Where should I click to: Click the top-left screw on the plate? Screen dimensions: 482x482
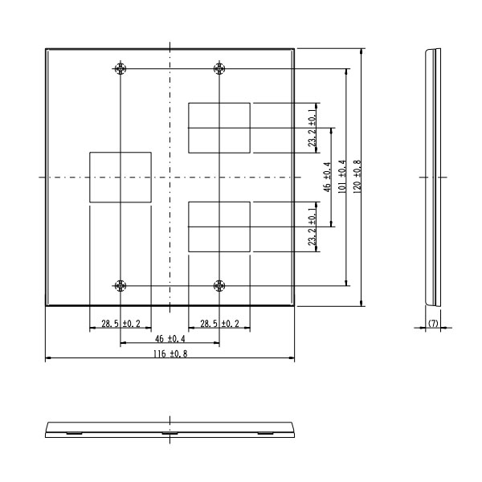point(120,68)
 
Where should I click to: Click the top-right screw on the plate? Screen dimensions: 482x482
point(219,68)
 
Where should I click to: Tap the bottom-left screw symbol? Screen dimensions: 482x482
point(120,286)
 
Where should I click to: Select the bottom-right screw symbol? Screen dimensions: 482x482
point(219,286)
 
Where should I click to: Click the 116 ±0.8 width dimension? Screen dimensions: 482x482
point(170,354)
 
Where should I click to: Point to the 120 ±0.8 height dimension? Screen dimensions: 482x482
point(357,177)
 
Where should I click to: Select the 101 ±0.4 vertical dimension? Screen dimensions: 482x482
point(342,177)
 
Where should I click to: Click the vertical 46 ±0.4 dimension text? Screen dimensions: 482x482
point(327,178)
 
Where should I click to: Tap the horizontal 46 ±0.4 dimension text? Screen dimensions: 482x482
point(170,339)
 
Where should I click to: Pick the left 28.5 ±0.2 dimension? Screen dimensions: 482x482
point(120,324)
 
